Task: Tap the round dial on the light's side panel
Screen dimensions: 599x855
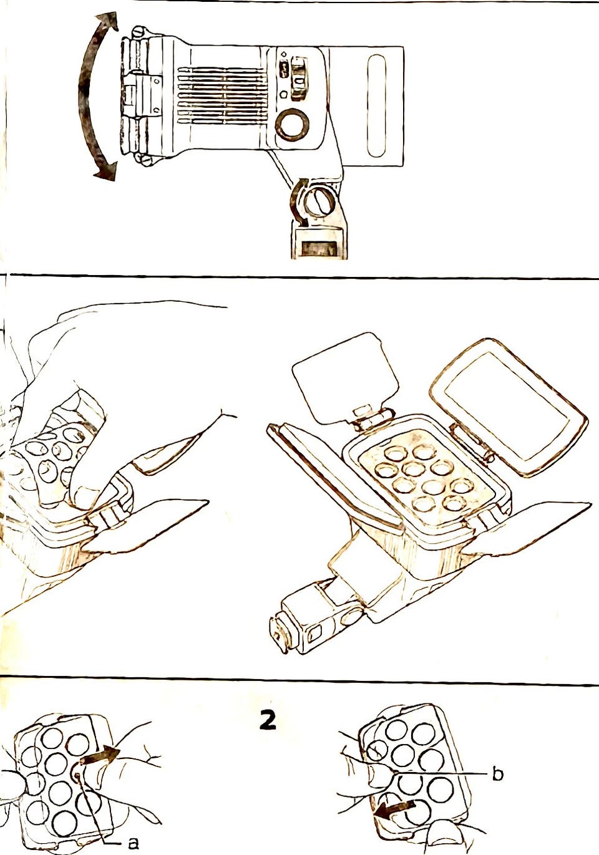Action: coord(292,123)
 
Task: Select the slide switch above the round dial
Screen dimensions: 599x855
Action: coord(298,79)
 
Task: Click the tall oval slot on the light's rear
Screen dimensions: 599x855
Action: coord(376,106)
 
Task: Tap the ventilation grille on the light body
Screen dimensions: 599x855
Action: coord(223,96)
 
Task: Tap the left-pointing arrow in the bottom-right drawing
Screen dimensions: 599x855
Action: coord(394,806)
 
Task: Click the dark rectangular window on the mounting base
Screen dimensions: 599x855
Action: coord(318,249)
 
